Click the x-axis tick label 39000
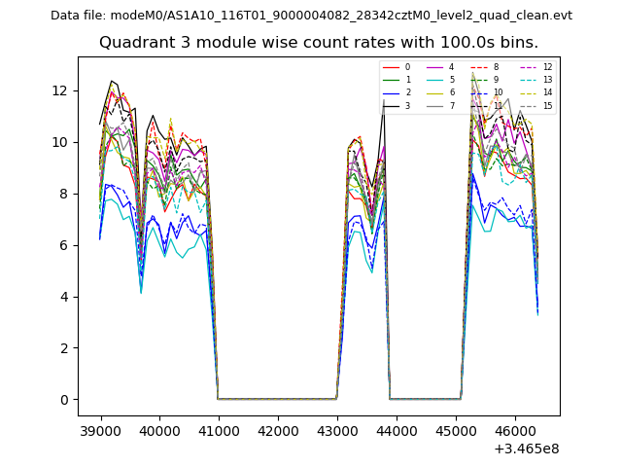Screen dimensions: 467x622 pos(100,431)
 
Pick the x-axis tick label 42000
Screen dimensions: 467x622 pos(278,431)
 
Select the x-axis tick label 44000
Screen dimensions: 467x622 pos(396,431)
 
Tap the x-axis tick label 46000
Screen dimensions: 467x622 pos(514,431)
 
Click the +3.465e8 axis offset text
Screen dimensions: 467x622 pos(527,449)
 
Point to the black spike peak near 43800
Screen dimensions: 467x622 pos(383,101)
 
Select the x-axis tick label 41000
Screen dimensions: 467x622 pos(219,431)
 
